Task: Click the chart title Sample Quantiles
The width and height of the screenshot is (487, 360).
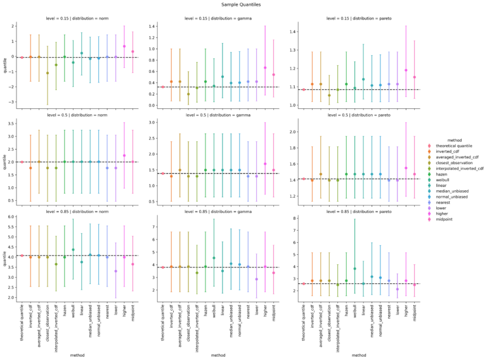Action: pyautogui.click(x=243, y=4)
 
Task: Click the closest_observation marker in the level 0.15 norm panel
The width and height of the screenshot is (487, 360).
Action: pyautogui.click(x=48, y=73)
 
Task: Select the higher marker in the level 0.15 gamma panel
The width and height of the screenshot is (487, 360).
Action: pyautogui.click(x=265, y=68)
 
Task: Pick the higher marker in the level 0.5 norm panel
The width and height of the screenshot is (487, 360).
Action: pyautogui.click(x=124, y=155)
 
